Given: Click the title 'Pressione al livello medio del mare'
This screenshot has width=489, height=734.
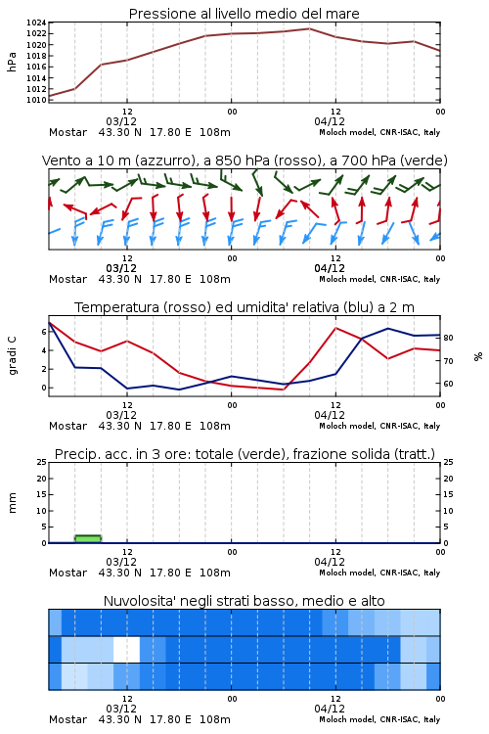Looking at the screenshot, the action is (x=244, y=14).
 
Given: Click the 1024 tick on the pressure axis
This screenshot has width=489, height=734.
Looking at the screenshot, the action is (x=36, y=23).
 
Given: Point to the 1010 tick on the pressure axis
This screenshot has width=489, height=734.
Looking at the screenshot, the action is (x=36, y=100).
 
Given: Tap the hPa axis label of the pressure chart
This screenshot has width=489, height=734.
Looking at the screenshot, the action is (x=12, y=62).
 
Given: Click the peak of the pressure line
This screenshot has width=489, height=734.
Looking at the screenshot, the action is (x=309, y=28).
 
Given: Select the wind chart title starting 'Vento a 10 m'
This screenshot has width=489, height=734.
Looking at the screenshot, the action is (x=244, y=161).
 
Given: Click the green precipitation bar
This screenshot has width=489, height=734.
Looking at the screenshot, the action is (x=88, y=539).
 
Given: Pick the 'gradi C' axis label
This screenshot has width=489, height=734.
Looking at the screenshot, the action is (x=12, y=355).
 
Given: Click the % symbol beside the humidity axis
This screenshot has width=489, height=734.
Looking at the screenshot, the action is (x=478, y=356).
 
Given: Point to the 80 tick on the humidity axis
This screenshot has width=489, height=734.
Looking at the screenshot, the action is (x=448, y=338).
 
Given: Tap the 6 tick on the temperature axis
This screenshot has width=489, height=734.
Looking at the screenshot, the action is (x=44, y=332).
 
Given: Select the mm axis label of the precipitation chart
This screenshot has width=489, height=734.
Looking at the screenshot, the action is (x=12, y=503).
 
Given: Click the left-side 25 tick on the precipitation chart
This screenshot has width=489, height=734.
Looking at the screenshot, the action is (x=42, y=462).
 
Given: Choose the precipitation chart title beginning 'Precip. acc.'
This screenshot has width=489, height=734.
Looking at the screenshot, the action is (x=244, y=454).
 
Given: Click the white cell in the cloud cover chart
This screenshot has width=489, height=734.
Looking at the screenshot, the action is (x=126, y=649).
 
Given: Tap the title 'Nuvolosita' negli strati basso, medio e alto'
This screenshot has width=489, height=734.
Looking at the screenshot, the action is (x=244, y=601).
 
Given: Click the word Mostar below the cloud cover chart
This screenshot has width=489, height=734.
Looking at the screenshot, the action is (x=67, y=719).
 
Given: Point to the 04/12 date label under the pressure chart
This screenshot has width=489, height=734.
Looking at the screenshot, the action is (x=330, y=121).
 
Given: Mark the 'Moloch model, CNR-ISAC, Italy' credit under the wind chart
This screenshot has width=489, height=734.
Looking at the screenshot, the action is (x=379, y=279).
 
